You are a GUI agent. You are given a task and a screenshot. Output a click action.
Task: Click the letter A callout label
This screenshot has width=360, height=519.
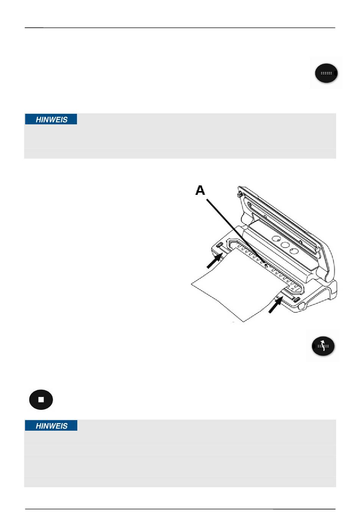[200, 190]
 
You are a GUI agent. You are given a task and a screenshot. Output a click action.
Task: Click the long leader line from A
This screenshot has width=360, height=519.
[236, 231]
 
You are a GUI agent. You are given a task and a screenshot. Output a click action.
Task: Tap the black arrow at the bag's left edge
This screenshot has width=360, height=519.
[214, 260]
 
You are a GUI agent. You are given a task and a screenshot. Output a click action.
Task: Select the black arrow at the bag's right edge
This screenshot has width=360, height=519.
[275, 305]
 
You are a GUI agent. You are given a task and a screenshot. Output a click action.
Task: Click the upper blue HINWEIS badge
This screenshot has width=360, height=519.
[51, 119]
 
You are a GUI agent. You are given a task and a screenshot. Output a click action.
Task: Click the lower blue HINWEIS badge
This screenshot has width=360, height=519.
[51, 426]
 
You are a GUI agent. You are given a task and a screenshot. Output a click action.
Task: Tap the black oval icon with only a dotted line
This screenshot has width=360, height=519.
[326, 73]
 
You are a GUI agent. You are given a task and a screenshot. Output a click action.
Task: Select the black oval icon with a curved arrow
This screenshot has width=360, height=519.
[323, 346]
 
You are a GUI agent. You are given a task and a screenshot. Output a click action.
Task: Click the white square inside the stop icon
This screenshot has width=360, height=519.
[41, 400]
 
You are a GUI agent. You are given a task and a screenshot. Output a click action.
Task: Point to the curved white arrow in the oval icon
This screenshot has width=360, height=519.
[323, 346]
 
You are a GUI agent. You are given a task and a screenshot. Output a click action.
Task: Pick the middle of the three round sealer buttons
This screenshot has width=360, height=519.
[285, 245]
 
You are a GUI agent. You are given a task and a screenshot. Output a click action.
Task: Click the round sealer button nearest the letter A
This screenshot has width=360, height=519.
[276, 239]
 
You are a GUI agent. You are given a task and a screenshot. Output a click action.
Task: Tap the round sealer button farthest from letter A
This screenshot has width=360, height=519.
[294, 251]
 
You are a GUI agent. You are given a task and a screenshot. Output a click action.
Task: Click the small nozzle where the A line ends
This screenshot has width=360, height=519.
[266, 265]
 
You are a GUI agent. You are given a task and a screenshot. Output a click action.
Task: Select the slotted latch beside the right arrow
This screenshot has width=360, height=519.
[296, 299]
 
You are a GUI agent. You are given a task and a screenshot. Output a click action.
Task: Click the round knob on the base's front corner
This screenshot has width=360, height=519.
[302, 306]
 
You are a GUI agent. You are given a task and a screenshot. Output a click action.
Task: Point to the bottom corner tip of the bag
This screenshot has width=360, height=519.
[243, 322]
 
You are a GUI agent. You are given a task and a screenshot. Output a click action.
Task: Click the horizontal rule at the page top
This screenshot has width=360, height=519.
[180, 28]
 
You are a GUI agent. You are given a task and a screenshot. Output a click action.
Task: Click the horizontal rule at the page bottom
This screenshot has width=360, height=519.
[180, 509]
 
